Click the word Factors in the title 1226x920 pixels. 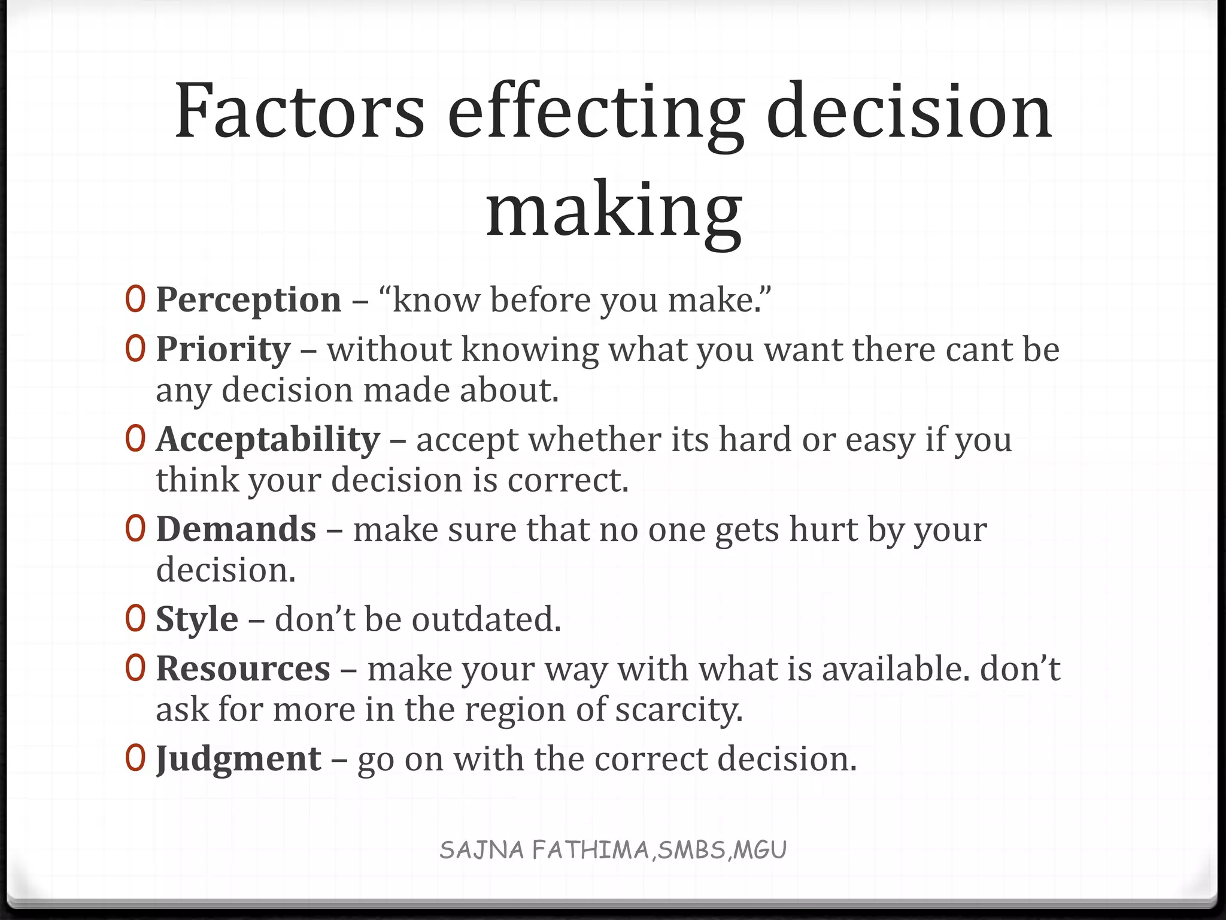pyautogui.click(x=299, y=112)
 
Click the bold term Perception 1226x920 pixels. pyautogui.click(x=248, y=300)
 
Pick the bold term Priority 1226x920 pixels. pyautogui.click(x=223, y=350)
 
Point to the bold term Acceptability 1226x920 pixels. pyautogui.click(x=268, y=440)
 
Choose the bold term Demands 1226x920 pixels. pyautogui.click(x=236, y=529)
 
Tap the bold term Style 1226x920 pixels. pyautogui.click(x=197, y=619)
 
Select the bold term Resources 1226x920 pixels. pyautogui.click(x=243, y=669)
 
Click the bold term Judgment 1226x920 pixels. pyautogui.click(x=238, y=759)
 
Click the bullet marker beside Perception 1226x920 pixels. pyautogui.click(x=135, y=299)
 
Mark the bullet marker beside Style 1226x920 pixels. pyautogui.click(x=135, y=619)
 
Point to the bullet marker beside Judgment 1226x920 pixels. pyautogui.click(x=135, y=758)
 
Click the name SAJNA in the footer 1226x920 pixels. pyautogui.click(x=482, y=850)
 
